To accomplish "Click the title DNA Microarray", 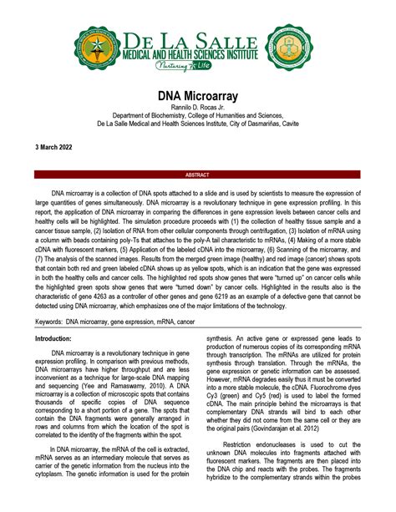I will [x=197, y=98].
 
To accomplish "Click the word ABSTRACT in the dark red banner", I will [x=197, y=176].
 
